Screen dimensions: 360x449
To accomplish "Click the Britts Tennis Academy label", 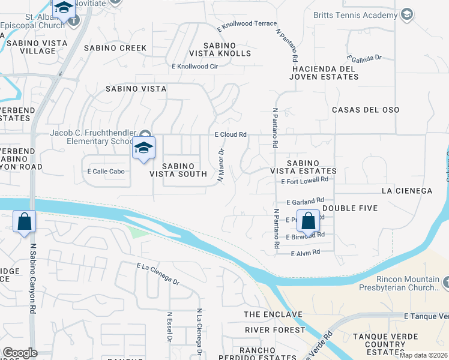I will point(358,14).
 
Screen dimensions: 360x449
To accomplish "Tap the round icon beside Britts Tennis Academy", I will point(407,14).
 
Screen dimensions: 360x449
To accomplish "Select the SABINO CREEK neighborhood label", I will point(115,47).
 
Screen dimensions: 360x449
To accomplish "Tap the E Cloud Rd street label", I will point(231,135).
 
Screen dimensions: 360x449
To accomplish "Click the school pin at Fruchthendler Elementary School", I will point(144,148).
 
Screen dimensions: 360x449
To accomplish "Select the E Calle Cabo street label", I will point(105,171).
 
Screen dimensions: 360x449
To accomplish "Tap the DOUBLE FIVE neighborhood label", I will point(350,208).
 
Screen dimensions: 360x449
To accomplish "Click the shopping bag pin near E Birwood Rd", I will point(309,221).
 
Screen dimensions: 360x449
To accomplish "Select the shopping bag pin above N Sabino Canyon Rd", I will point(24,221).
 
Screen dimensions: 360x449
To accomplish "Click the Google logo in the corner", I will point(20,353).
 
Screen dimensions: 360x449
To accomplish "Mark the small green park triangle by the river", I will point(137,231).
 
